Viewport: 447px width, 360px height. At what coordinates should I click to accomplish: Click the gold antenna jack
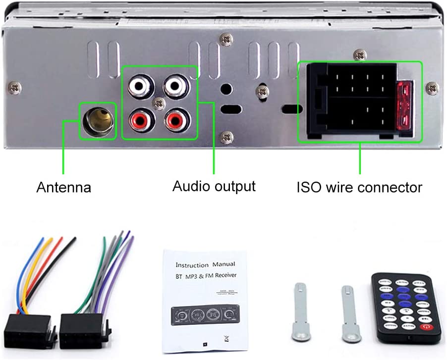point(97,120)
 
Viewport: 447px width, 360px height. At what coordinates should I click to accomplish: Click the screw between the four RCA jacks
point(159,103)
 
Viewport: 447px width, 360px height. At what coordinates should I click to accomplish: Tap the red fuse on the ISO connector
point(404,105)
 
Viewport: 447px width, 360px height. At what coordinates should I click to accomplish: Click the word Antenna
point(64,188)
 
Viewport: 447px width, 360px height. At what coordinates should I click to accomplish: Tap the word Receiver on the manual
point(223,275)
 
